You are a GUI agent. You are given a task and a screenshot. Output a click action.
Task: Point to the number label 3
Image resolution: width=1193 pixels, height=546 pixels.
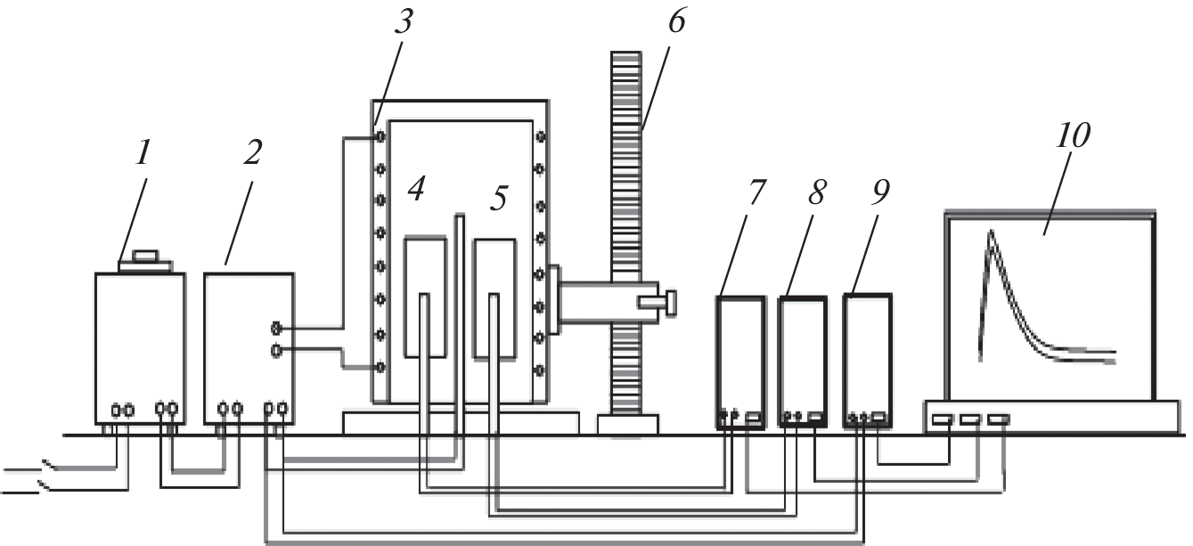(x=404, y=21)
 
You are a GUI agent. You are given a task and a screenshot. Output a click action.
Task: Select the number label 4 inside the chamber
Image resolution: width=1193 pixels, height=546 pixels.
(x=416, y=189)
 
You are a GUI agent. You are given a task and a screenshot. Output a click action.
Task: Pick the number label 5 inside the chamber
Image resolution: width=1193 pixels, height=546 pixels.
(x=499, y=198)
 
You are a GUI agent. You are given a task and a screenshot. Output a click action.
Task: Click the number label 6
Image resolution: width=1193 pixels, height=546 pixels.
(x=676, y=21)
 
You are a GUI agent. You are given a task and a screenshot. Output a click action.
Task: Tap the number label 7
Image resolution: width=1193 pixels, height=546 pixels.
(x=756, y=192)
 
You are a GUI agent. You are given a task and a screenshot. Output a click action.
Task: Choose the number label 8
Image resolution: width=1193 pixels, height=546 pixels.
(x=817, y=192)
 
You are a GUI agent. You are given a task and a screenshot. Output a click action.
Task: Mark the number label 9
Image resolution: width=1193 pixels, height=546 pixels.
(x=880, y=192)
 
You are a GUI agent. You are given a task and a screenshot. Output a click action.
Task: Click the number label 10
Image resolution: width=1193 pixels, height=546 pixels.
(x=1073, y=135)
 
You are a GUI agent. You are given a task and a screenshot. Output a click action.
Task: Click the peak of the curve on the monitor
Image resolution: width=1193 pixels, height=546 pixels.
(x=991, y=231)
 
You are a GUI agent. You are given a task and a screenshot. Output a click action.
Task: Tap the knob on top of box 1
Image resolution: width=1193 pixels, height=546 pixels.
(x=145, y=256)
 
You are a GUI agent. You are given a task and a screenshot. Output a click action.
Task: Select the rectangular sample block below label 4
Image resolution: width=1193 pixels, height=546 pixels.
(x=425, y=297)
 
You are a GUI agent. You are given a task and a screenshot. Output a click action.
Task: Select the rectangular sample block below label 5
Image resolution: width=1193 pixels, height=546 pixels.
(x=494, y=298)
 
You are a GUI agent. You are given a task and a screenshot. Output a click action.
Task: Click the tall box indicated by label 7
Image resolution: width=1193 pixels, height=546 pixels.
(x=740, y=363)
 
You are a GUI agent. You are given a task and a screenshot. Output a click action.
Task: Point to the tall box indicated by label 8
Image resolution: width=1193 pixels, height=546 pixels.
(x=802, y=363)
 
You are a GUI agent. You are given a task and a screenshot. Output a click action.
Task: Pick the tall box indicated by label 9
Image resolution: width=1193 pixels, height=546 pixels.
(x=867, y=361)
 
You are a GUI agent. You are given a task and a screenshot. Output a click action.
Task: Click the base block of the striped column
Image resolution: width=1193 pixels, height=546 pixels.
(x=628, y=425)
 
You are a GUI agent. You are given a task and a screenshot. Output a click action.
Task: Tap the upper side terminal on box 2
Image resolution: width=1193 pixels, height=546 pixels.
(x=276, y=327)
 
